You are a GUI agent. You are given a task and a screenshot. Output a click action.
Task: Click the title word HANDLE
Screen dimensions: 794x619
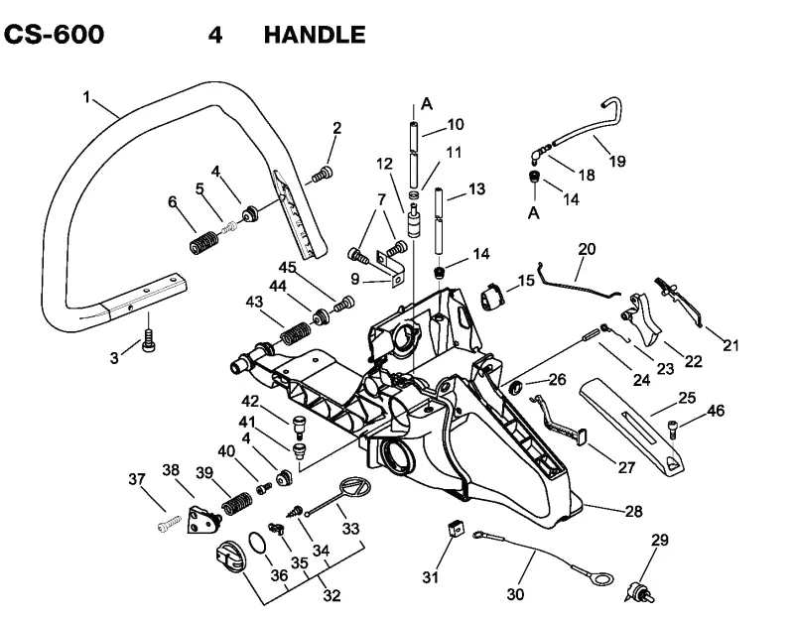coord(315,35)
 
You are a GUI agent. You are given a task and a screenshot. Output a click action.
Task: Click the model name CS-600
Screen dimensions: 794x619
coord(54,35)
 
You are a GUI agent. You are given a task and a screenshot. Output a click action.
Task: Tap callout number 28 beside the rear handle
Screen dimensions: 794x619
coord(633,511)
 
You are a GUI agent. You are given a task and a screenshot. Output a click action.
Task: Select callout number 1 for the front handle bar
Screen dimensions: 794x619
coord(86,96)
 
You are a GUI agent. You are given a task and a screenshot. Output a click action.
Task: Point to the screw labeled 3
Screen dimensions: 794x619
coord(148,340)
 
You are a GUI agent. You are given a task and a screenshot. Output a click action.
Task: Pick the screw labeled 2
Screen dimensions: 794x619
coord(322,175)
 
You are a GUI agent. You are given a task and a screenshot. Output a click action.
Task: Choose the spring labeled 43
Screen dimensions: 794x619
coord(296,333)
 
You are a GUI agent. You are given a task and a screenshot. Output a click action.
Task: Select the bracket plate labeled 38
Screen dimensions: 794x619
coord(204,520)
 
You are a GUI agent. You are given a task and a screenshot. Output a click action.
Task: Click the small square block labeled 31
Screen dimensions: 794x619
coord(456,529)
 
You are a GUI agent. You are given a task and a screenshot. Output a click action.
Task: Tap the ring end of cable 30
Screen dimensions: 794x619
coord(601,578)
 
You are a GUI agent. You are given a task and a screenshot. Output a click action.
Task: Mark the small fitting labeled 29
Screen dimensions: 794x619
coord(640,592)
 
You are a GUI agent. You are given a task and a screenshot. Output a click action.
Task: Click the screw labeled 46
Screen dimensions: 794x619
coord(673,430)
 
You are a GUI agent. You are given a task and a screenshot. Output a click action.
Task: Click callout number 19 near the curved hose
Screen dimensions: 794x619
coord(617,162)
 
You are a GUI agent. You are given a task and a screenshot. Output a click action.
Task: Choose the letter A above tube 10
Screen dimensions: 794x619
coord(427,104)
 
